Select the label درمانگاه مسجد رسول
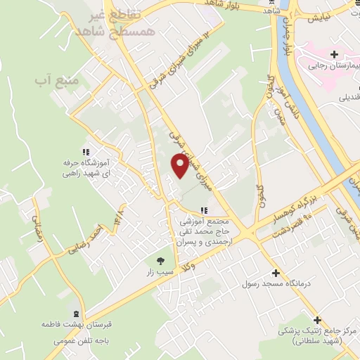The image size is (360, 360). click(271, 284)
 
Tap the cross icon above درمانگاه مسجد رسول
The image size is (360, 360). click(275, 273)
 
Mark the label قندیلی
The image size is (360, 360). click(349, 98)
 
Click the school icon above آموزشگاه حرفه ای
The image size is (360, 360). click(85, 151)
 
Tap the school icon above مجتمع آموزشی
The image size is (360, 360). click(204, 210)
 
